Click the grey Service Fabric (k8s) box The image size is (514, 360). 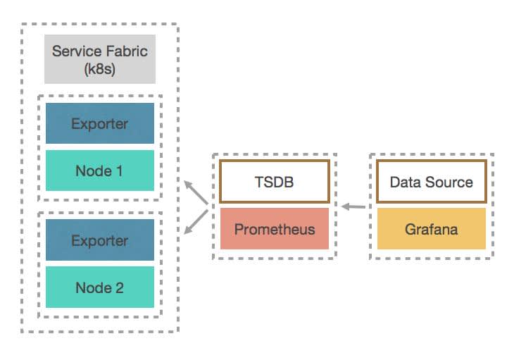click(x=100, y=59)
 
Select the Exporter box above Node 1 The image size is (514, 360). click(x=100, y=123)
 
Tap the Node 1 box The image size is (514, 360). click(x=100, y=170)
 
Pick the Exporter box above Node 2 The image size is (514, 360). click(x=100, y=240)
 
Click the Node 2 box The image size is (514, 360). click(x=100, y=287)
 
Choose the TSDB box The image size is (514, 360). click(x=275, y=182)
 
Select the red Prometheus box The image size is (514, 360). click(x=275, y=229)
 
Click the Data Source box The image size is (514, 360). click(x=432, y=182)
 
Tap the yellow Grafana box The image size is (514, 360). click(x=432, y=229)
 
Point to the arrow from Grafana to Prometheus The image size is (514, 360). click(x=353, y=206)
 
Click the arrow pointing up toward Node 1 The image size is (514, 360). click(x=196, y=192)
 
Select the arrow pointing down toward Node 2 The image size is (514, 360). click(x=196, y=222)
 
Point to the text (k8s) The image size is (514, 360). click(x=100, y=69)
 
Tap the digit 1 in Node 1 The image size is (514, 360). click(x=119, y=170)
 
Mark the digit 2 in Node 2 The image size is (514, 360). click(x=119, y=288)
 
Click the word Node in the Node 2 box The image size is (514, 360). click(x=94, y=288)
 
